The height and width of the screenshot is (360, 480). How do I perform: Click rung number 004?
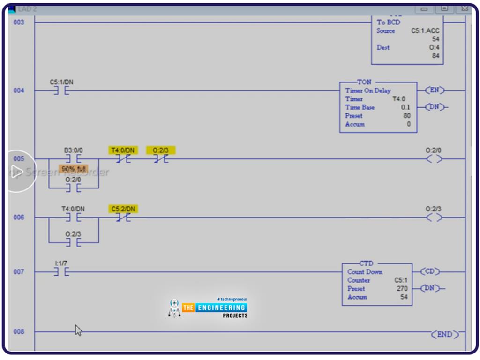(19, 90)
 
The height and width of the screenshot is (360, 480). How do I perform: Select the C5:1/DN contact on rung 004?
(61, 90)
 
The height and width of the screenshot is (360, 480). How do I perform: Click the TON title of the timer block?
(364, 82)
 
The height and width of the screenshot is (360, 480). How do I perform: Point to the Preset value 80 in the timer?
(406, 116)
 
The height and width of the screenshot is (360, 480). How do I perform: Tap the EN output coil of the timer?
(435, 90)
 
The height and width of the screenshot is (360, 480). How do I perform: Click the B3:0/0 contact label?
(73, 150)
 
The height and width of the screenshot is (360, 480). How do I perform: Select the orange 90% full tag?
(74, 168)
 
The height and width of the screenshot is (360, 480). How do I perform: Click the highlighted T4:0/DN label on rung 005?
(123, 150)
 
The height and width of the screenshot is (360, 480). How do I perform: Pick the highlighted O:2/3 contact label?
(161, 150)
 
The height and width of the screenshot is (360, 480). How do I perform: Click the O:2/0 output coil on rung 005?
(434, 159)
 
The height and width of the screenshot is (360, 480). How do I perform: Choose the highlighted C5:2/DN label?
(123, 209)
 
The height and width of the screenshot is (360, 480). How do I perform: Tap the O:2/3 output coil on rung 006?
(434, 217)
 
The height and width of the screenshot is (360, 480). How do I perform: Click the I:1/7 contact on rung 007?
(61, 272)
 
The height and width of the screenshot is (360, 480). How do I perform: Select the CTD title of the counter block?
(366, 263)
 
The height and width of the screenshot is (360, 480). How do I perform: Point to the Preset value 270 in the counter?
(402, 289)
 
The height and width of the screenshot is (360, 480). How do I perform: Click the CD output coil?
(430, 272)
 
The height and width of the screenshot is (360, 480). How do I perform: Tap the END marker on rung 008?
(444, 334)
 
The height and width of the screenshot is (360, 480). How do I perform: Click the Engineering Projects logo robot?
(174, 307)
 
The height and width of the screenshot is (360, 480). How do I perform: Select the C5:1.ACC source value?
(425, 31)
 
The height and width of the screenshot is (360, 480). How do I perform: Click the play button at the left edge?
(19, 171)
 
